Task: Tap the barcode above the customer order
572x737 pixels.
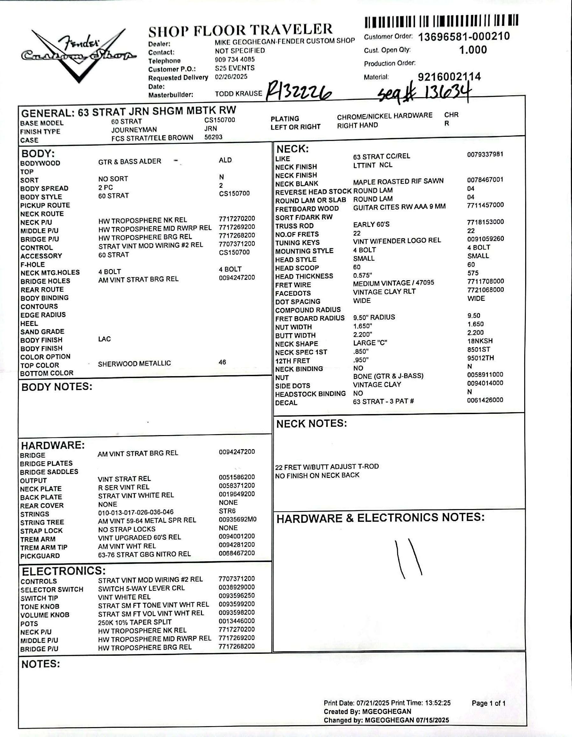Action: pos(441,22)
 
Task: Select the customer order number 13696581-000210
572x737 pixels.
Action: pos(464,36)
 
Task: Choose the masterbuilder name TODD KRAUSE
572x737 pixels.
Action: pos(238,93)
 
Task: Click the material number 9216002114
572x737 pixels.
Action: pos(449,77)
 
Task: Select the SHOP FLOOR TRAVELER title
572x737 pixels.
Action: pos(240,30)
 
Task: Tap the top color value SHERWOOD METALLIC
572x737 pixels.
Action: pos(134,363)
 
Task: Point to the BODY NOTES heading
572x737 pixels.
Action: pos(57,387)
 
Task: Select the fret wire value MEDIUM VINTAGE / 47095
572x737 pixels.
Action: pos(393,283)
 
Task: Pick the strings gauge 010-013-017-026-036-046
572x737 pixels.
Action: pos(136,512)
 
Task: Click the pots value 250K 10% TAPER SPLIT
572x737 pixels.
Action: pos(135,622)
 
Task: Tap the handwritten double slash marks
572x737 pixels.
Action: pos(408,558)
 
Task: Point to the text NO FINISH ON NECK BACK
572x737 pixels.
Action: pos(317,475)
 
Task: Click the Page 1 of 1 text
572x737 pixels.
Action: pos(489,703)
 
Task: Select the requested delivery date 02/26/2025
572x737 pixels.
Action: pos(231,77)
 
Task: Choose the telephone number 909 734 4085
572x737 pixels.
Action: pos(235,59)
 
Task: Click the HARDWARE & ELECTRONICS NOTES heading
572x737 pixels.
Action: pos(380,518)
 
